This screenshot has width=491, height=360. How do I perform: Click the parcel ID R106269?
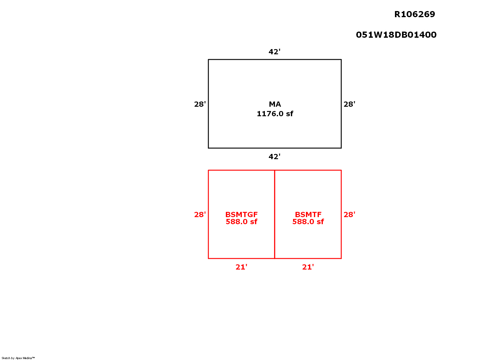[x=414, y=14]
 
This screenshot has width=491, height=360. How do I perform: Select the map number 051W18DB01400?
[x=396, y=35]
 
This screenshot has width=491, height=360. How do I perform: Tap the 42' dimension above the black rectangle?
[x=274, y=52]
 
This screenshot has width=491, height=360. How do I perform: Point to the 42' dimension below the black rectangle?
[x=274, y=157]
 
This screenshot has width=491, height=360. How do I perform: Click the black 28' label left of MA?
[x=200, y=104]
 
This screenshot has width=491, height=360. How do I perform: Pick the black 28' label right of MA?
[x=350, y=104]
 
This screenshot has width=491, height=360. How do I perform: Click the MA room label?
[x=275, y=104]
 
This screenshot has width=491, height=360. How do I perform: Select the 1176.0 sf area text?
[x=275, y=114]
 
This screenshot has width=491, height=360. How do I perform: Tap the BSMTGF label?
[x=241, y=214]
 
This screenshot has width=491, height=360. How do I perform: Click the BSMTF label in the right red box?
[x=308, y=214]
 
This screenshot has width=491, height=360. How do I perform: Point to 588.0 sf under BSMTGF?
[x=241, y=222]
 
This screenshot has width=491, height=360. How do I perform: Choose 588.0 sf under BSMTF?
[x=308, y=222]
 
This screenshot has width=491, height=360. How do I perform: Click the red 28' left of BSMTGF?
[x=200, y=214]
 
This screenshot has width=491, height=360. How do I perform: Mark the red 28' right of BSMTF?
[x=350, y=214]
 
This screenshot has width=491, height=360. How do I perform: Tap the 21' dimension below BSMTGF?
[x=241, y=267]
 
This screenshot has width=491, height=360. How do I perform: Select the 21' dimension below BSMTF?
[x=308, y=267]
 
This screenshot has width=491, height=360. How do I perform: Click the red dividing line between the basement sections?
[x=275, y=214]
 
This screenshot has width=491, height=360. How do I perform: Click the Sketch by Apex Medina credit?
[x=18, y=358]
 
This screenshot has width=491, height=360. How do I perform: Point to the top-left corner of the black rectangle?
[x=208, y=59]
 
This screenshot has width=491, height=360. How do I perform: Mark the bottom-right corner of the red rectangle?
[x=341, y=259]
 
